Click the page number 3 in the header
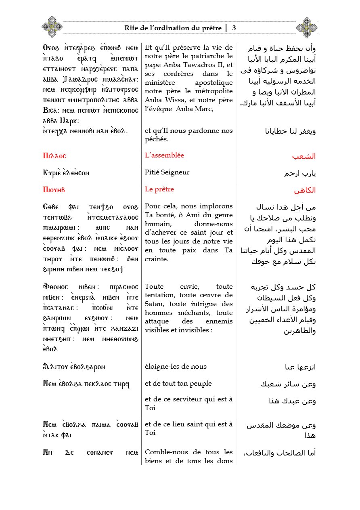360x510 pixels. click(x=234, y=28)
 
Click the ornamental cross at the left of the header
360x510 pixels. click(x=52, y=27)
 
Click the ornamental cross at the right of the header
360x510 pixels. click(x=307, y=27)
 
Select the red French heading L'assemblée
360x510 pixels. click(x=167, y=155)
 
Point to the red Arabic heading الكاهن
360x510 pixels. click(x=306, y=190)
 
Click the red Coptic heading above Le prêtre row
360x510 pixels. click(x=54, y=190)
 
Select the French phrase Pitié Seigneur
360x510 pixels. click(x=167, y=172)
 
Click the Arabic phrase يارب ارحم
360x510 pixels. click(x=300, y=173)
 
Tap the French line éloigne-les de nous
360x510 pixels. click(x=176, y=367)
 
